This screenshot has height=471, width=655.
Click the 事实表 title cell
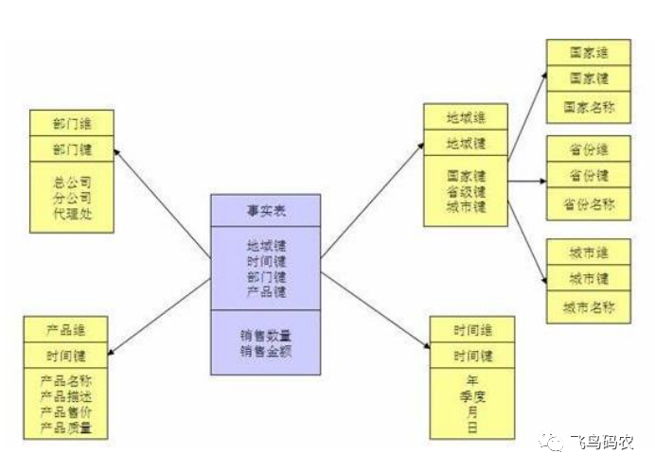pyautogui.click(x=265, y=211)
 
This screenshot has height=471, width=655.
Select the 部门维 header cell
pyautogui.click(x=71, y=123)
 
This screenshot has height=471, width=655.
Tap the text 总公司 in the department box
pyautogui.click(x=71, y=181)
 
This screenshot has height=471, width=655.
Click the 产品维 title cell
pyautogui.click(x=65, y=331)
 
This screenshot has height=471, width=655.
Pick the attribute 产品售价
pyautogui.click(x=65, y=413)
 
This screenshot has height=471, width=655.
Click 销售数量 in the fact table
pyautogui.click(x=265, y=335)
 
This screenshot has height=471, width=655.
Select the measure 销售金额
pyautogui.click(x=265, y=351)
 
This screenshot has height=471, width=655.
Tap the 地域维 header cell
pyautogui.click(x=466, y=118)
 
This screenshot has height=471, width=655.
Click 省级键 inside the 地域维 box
pyautogui.click(x=466, y=191)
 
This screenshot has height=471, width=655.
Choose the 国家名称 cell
pyautogui.click(x=589, y=107)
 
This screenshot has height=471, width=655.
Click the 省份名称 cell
pyautogui.click(x=589, y=204)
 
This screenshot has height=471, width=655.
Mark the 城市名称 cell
pyautogui.click(x=589, y=307)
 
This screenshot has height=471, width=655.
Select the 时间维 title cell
pyautogui.click(x=472, y=330)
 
